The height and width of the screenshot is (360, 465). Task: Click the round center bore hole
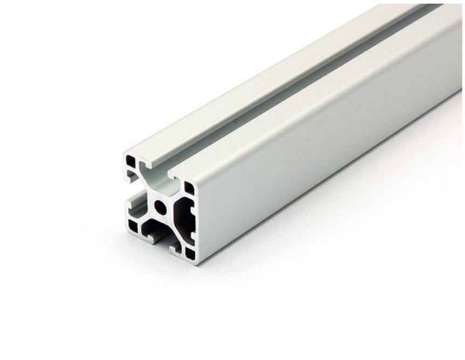(160, 206)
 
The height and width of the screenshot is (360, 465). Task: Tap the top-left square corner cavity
(131, 161)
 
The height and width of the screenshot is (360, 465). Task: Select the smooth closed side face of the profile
(324, 140)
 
